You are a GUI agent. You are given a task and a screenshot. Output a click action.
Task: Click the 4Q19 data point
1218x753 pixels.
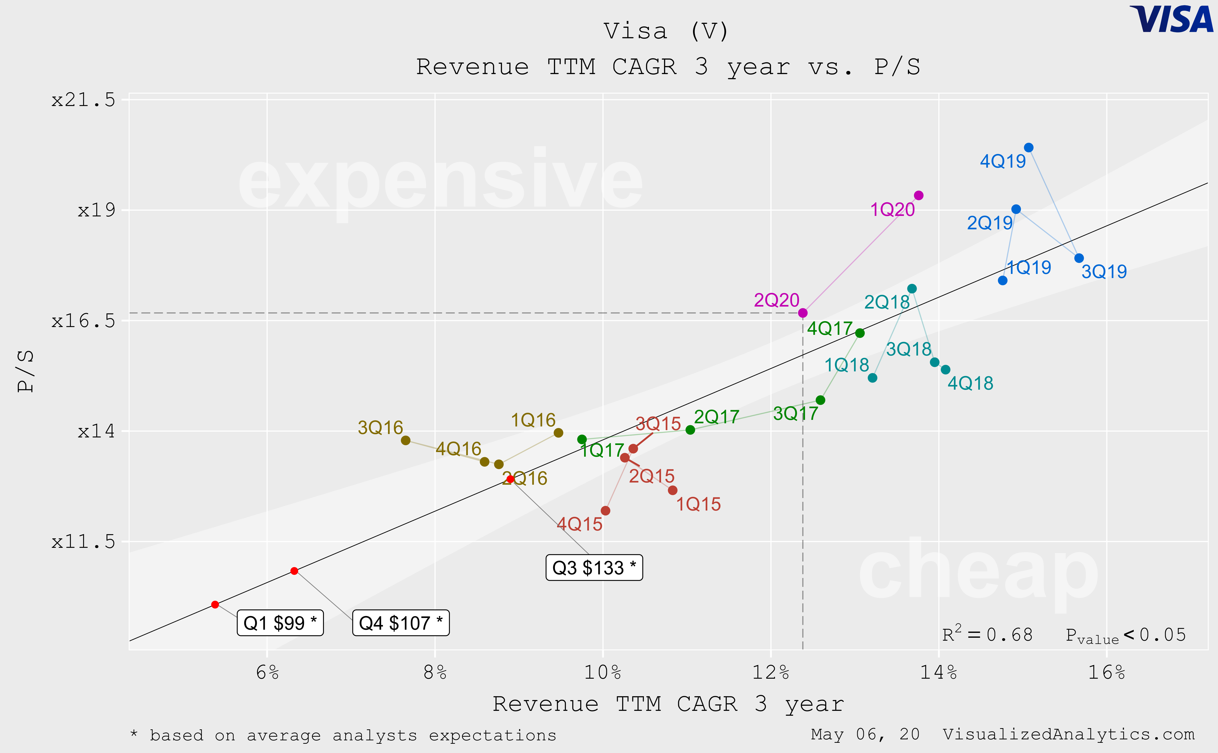[1028, 147]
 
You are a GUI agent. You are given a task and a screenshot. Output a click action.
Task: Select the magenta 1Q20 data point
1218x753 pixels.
[918, 195]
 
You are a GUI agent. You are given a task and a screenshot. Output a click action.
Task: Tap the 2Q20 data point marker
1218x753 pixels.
[802, 313]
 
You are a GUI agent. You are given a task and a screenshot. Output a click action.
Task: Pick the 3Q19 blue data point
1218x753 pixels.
[1079, 258]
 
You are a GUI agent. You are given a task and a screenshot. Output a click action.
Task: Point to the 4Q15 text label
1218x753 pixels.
[579, 524]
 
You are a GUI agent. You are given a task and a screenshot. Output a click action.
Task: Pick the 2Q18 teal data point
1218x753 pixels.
[911, 288]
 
